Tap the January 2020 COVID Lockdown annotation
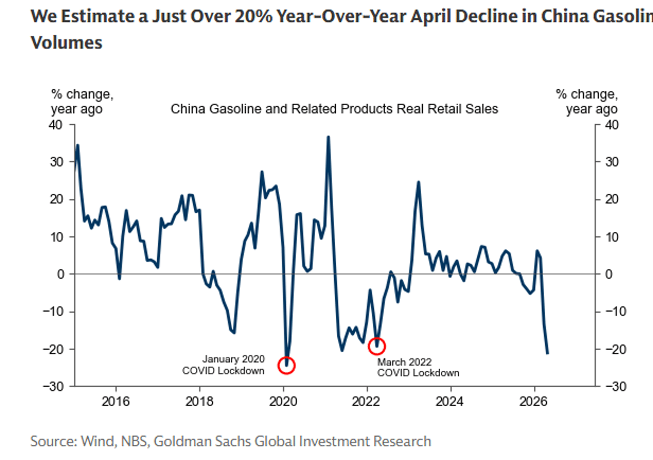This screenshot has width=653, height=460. [223, 365]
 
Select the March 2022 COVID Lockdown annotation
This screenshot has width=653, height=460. [418, 367]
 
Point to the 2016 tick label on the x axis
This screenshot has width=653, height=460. [115, 402]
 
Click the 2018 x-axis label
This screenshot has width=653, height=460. [199, 402]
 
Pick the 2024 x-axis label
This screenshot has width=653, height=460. [449, 402]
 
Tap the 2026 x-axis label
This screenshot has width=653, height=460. [533, 402]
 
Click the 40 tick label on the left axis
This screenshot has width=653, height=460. [56, 125]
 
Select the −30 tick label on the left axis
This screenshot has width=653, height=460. [53, 387]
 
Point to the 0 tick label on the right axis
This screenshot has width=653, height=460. [609, 274]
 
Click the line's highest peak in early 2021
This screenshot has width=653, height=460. [328, 137]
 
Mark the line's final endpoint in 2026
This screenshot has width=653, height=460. [547, 353]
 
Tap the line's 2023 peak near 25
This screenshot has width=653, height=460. [418, 182]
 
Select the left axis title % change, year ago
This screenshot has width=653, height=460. [82, 102]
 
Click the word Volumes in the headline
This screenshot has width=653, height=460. [66, 43]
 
